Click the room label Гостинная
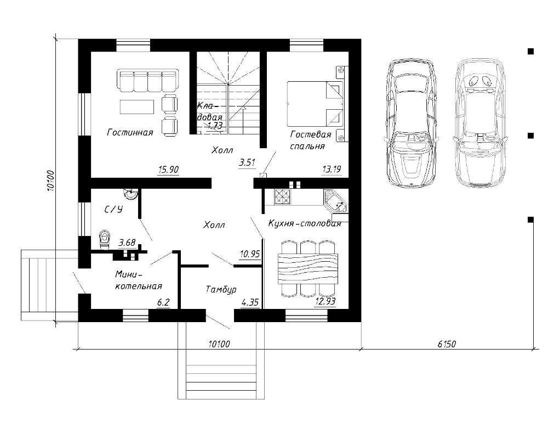(x=130, y=132)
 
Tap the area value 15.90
(x=168, y=170)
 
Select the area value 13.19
(x=332, y=170)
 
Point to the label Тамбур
(x=221, y=290)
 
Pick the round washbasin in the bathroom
(x=131, y=194)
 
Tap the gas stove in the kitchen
(x=282, y=196)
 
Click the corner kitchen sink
(x=335, y=201)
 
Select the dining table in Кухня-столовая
(x=308, y=268)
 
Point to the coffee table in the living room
(x=137, y=107)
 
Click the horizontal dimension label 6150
(x=447, y=344)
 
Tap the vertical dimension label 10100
(x=50, y=181)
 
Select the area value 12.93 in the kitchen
(x=326, y=301)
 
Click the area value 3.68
(x=127, y=242)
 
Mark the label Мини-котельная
(x=139, y=280)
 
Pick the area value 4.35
(x=250, y=302)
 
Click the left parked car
(x=410, y=123)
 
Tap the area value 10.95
(x=250, y=254)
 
